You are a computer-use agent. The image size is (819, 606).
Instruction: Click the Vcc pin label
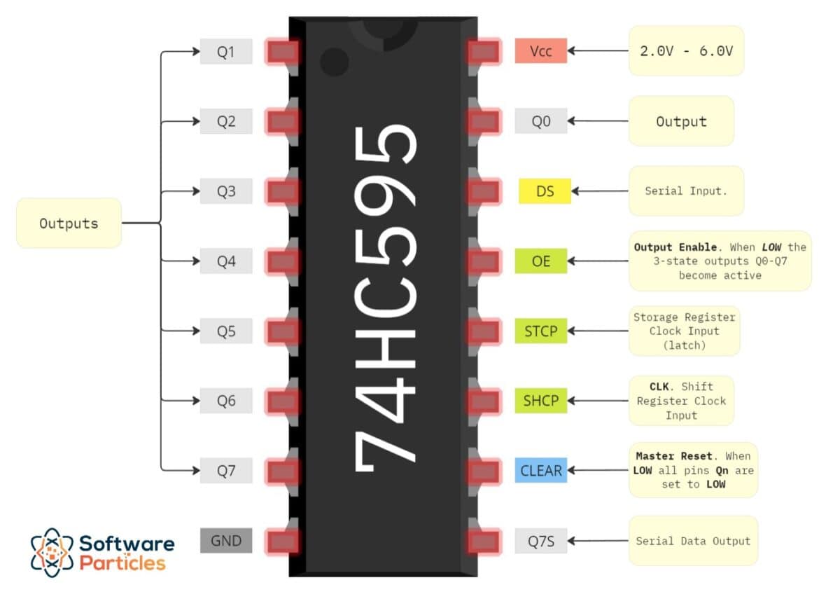point(540,51)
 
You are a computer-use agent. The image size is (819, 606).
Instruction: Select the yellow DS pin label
point(545,191)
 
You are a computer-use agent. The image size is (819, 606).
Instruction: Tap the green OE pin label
point(540,261)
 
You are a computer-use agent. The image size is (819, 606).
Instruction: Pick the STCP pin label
point(540,331)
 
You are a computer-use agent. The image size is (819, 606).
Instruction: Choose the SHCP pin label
point(540,401)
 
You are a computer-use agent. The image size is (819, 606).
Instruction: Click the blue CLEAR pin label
point(540,471)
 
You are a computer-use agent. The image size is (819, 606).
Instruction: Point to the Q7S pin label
point(540,541)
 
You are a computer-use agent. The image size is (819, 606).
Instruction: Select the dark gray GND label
point(225,541)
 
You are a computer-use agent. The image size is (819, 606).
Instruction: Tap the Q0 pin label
point(540,121)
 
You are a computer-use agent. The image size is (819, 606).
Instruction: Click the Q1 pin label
point(225,52)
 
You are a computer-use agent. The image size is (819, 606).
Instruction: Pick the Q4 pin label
point(225,261)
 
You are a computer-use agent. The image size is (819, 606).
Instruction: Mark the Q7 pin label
point(225,471)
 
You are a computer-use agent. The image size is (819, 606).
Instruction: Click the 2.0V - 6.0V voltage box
point(686,51)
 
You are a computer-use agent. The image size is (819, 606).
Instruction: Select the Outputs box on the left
point(69,223)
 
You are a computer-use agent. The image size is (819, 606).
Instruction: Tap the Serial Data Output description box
point(692,541)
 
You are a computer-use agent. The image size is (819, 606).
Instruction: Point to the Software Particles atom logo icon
point(52,552)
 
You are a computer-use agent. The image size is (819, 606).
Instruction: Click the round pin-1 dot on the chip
point(334,62)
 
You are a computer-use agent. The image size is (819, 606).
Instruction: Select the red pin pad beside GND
point(283,541)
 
